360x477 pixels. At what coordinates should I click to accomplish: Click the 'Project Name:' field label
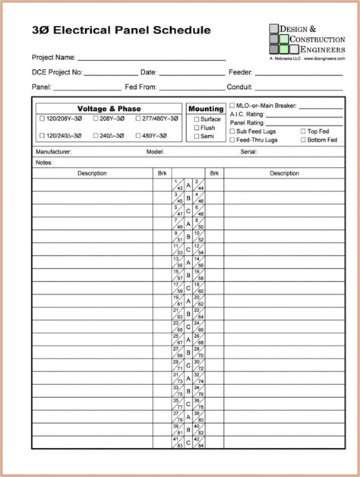pyautogui.click(x=53, y=57)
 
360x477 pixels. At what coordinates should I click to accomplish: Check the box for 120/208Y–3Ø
pyautogui.click(x=41, y=119)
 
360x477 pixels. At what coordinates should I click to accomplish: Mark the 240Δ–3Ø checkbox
pyautogui.click(x=96, y=135)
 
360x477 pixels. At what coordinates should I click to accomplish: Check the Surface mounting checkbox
pyautogui.click(x=197, y=119)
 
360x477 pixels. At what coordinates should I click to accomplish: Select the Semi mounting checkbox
pyautogui.click(x=197, y=137)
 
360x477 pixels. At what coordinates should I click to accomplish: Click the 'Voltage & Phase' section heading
pyautogui.click(x=109, y=109)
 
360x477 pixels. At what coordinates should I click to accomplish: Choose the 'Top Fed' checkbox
pyautogui.click(x=303, y=131)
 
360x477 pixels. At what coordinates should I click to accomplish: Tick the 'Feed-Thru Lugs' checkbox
pyautogui.click(x=232, y=140)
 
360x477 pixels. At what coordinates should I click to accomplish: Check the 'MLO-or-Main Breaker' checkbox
pyautogui.click(x=232, y=106)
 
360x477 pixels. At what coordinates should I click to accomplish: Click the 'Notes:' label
pyautogui.click(x=43, y=163)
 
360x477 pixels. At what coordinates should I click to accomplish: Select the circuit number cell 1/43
pyautogui.click(x=180, y=185)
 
